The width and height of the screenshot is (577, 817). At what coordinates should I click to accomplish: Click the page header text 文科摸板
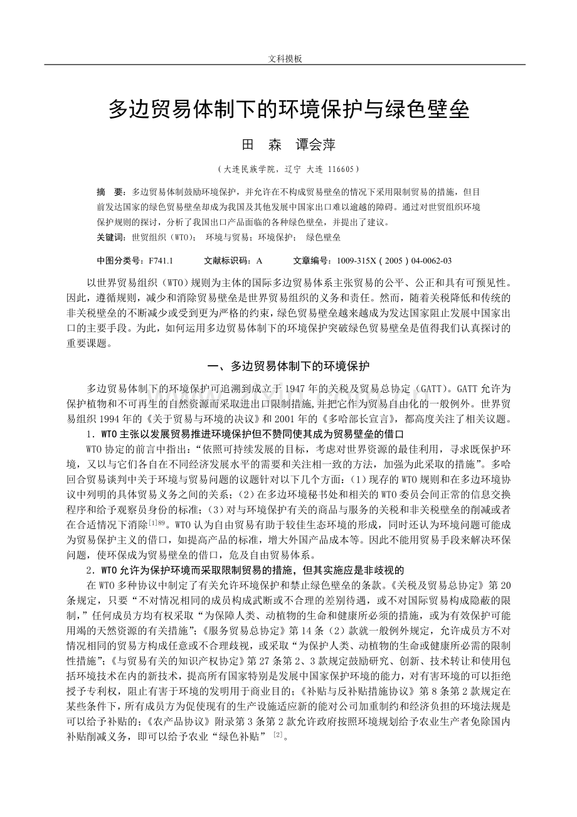(x=285, y=58)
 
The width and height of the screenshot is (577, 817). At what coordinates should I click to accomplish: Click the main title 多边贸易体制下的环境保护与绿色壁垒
(x=288, y=109)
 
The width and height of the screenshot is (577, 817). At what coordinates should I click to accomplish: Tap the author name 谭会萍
(x=315, y=145)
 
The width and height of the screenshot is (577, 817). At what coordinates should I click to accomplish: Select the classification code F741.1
(x=160, y=260)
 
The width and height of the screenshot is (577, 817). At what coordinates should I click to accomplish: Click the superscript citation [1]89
(x=159, y=523)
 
